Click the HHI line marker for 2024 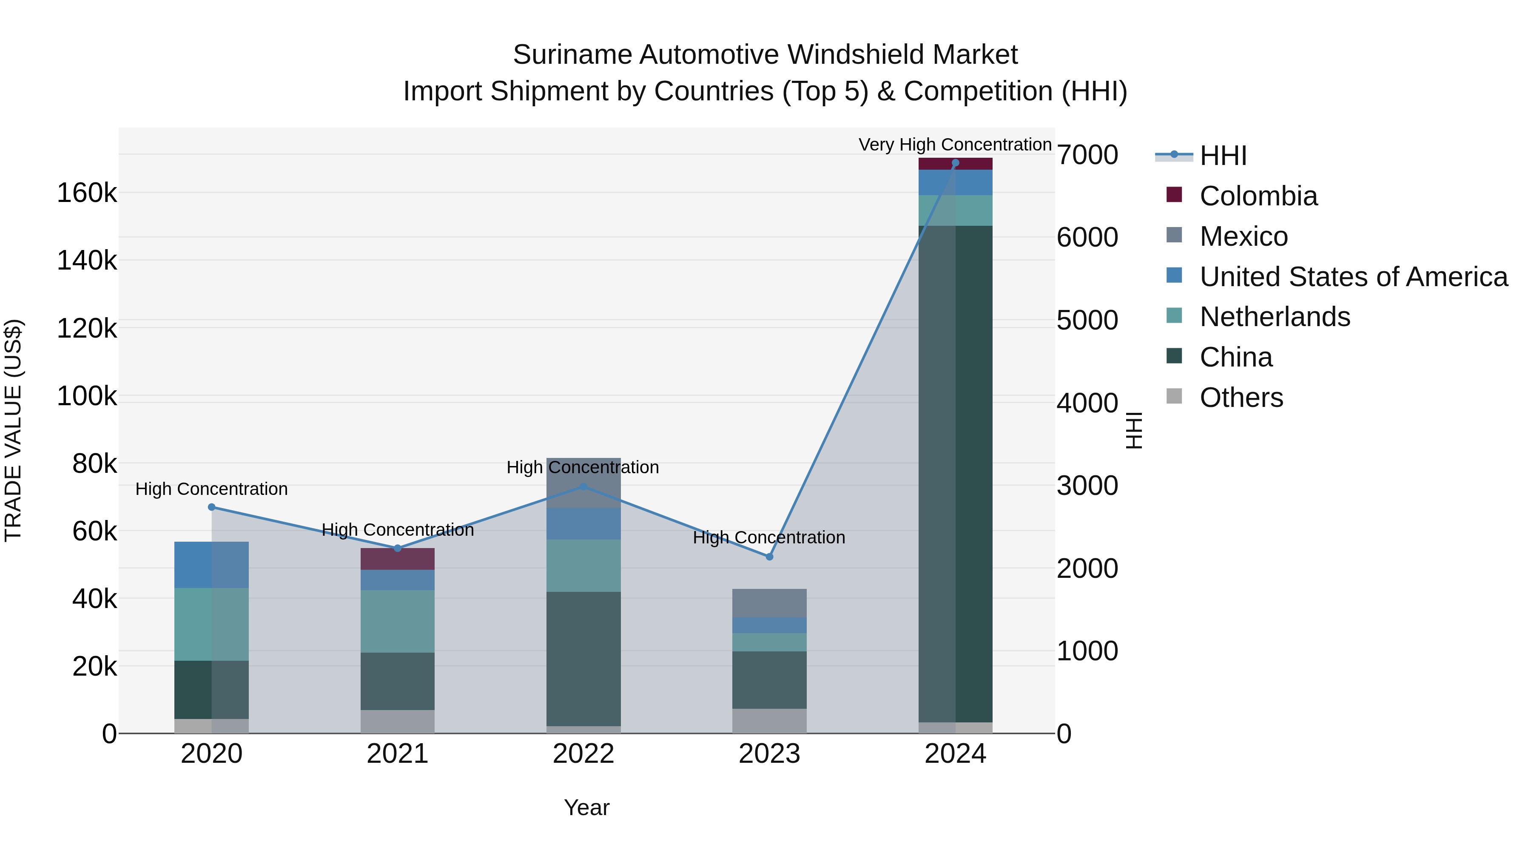[955, 163]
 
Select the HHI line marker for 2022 [583, 487]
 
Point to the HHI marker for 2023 [769, 557]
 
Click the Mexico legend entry [1244, 236]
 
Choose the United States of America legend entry [1353, 277]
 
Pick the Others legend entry [1241, 398]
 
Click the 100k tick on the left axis [87, 396]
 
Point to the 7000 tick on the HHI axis [1087, 155]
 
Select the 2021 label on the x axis [397, 754]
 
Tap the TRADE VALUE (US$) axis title [13, 430]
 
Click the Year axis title [586, 807]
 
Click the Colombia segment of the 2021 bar [397, 559]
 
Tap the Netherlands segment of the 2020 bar [211, 624]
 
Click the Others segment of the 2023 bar [769, 721]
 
